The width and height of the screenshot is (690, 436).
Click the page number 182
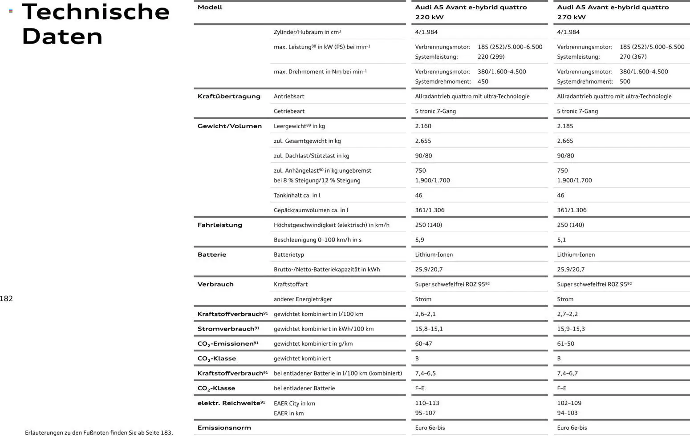point(7,299)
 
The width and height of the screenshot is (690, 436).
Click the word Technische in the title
point(96,12)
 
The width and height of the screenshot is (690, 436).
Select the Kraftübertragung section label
point(229,97)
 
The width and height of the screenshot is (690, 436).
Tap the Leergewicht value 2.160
point(423,126)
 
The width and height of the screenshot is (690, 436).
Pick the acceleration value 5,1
point(561,240)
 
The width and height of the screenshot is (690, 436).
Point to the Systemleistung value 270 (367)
point(633,57)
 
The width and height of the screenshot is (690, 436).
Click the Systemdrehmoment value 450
point(483,82)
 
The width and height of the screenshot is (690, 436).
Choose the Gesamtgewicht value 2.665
point(565,141)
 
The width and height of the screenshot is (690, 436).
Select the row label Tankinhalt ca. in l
point(297,195)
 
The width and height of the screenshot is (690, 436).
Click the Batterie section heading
point(212,255)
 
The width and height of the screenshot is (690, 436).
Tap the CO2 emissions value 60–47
point(423,343)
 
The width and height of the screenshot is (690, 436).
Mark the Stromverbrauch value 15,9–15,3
point(571,329)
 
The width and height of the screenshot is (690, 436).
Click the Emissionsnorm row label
point(224,428)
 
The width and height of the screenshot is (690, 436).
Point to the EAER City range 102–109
point(569,403)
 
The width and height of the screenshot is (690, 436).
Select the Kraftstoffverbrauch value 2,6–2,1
point(425,314)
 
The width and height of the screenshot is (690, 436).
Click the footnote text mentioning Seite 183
point(99,432)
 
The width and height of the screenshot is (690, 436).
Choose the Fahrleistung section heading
point(220,225)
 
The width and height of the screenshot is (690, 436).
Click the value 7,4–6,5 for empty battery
point(425,373)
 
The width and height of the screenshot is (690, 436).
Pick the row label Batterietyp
point(288,255)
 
